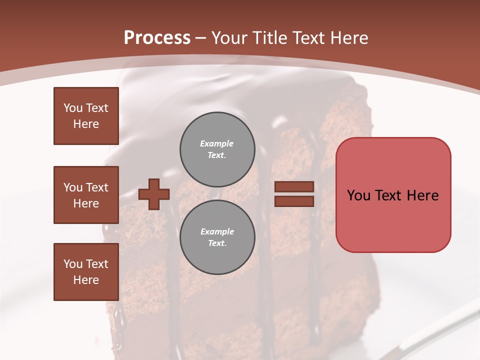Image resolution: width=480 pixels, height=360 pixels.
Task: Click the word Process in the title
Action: tap(157, 37)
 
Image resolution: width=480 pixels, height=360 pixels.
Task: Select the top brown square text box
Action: tap(86, 116)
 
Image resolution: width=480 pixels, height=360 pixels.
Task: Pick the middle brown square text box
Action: tap(86, 195)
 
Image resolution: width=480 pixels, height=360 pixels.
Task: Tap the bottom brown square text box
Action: tap(86, 271)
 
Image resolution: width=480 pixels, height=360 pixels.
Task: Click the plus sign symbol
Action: tap(154, 194)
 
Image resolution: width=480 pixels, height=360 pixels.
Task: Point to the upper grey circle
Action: tap(217, 149)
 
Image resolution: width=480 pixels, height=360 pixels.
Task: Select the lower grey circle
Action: tap(217, 237)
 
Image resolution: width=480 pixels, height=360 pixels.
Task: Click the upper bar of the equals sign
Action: tap(294, 186)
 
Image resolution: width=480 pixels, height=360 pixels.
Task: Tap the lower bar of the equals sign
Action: tap(294, 201)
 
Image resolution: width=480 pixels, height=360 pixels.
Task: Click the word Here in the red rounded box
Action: tap(422, 195)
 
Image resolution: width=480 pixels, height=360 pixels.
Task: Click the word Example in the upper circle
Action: tap(217, 143)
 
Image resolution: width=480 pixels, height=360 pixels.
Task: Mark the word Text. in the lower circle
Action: tap(217, 243)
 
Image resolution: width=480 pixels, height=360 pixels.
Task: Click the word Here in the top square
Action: tap(86, 124)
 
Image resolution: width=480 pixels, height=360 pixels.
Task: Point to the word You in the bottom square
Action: tap(73, 264)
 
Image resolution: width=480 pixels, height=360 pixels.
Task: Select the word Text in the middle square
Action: tap(96, 187)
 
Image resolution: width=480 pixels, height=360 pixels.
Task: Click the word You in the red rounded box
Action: tap(358, 195)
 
